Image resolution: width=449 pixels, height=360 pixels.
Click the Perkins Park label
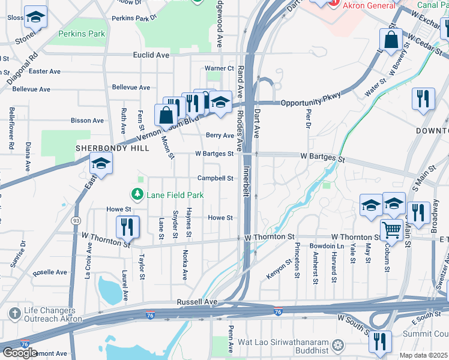(x=82, y=34)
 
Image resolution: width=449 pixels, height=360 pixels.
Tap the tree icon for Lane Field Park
(x=137, y=194)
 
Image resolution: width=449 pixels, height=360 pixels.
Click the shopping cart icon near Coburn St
(x=391, y=229)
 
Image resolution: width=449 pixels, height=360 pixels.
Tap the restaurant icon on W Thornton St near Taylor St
(x=127, y=226)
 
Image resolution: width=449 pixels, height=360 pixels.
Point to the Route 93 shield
(x=77, y=221)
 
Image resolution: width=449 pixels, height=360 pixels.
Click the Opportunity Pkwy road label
(x=311, y=99)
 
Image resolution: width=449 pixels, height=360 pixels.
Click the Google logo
(x=20, y=353)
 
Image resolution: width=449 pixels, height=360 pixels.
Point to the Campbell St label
(x=215, y=178)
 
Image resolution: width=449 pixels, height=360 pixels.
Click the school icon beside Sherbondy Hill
(x=101, y=163)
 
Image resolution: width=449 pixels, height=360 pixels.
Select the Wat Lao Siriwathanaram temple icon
(x=338, y=345)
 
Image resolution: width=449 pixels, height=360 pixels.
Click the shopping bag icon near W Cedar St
(x=391, y=40)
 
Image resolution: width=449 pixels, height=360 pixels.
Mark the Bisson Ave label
(x=87, y=121)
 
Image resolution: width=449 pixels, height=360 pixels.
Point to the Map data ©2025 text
(x=423, y=355)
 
